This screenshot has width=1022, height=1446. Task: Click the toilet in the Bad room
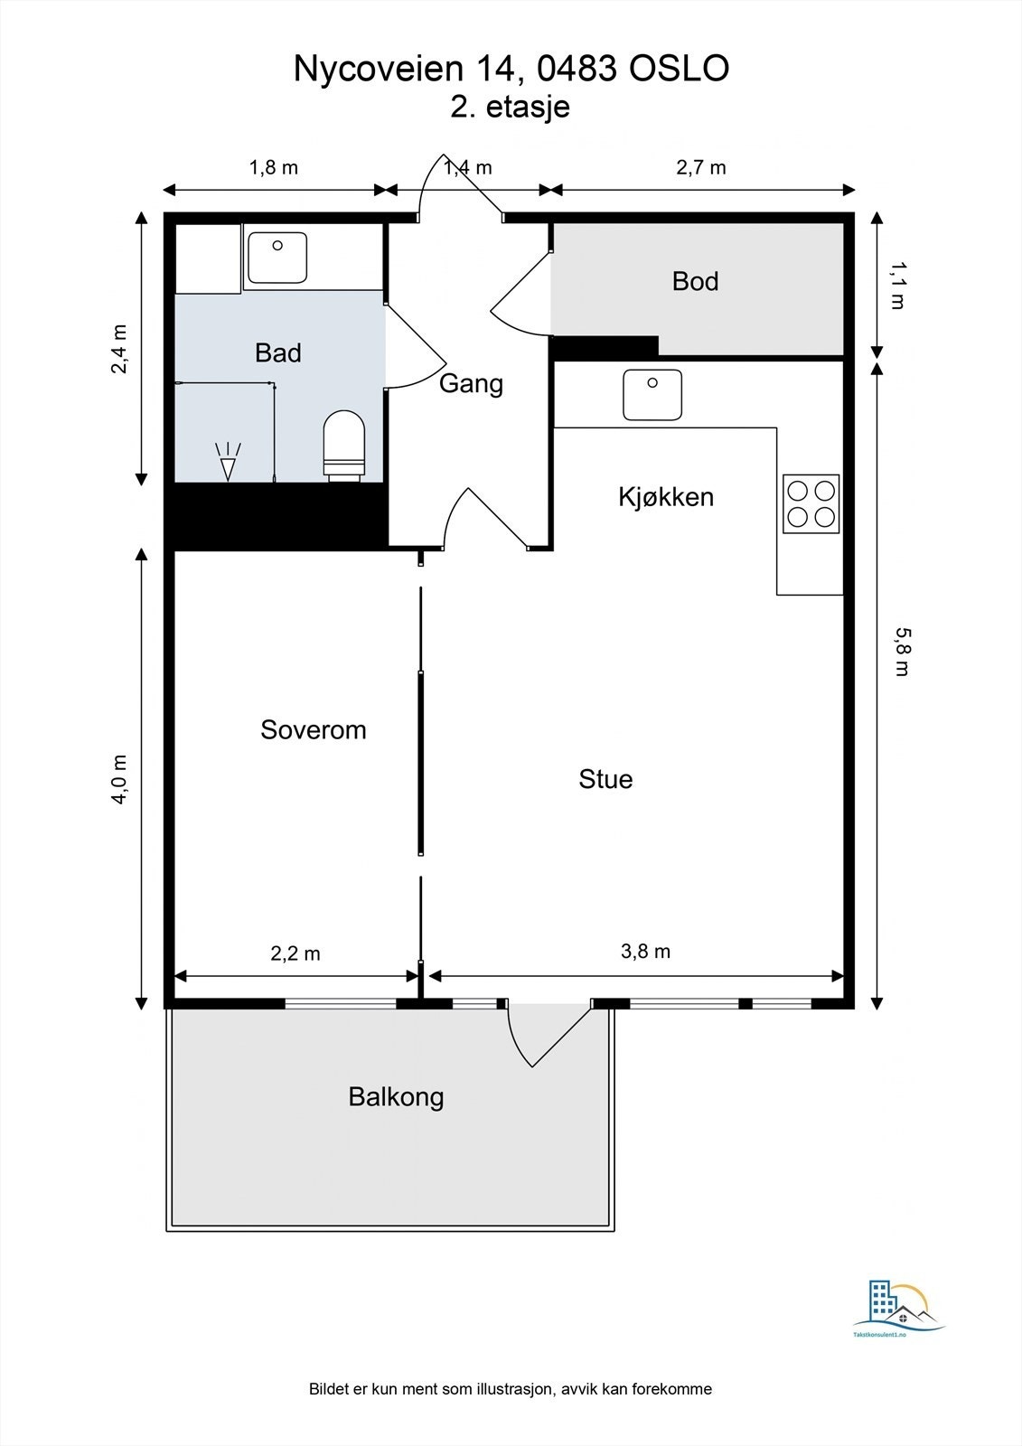[344, 446]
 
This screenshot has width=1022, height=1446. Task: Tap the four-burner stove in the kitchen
[811, 503]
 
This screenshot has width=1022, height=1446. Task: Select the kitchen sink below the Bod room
[652, 395]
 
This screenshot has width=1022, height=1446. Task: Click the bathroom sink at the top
[277, 258]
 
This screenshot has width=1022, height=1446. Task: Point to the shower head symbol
[228, 462]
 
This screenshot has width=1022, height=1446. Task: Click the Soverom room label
[314, 730]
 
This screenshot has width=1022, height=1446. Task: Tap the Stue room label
[605, 779]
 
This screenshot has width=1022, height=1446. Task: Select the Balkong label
[397, 1097]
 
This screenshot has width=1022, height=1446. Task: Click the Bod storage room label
[695, 281]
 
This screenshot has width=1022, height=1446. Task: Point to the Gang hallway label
[472, 384]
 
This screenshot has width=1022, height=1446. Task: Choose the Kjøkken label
[666, 497]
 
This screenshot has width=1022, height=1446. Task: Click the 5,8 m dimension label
[901, 652]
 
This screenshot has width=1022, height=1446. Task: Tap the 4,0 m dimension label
[119, 779]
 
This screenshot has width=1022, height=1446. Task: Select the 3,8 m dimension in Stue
[645, 951]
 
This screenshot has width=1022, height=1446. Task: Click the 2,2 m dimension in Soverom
[295, 953]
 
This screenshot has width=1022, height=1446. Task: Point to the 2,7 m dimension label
[701, 168]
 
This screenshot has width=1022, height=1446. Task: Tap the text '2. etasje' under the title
[510, 108]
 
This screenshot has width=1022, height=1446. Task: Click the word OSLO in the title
[680, 69]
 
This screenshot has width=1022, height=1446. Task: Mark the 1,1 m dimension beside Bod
[897, 286]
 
